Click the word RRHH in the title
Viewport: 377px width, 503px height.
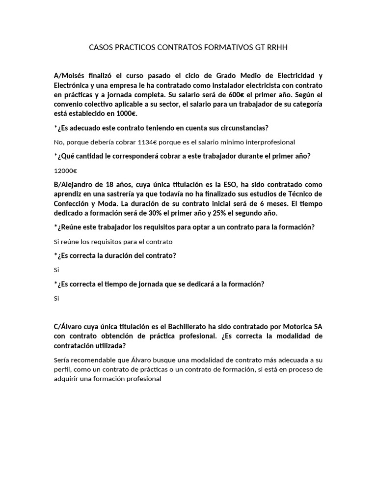point(277,48)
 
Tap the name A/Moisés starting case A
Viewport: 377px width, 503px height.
point(70,76)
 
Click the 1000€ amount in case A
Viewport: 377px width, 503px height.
point(125,113)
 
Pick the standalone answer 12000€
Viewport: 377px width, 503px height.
point(65,171)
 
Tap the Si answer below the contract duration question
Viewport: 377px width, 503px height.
point(56,270)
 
